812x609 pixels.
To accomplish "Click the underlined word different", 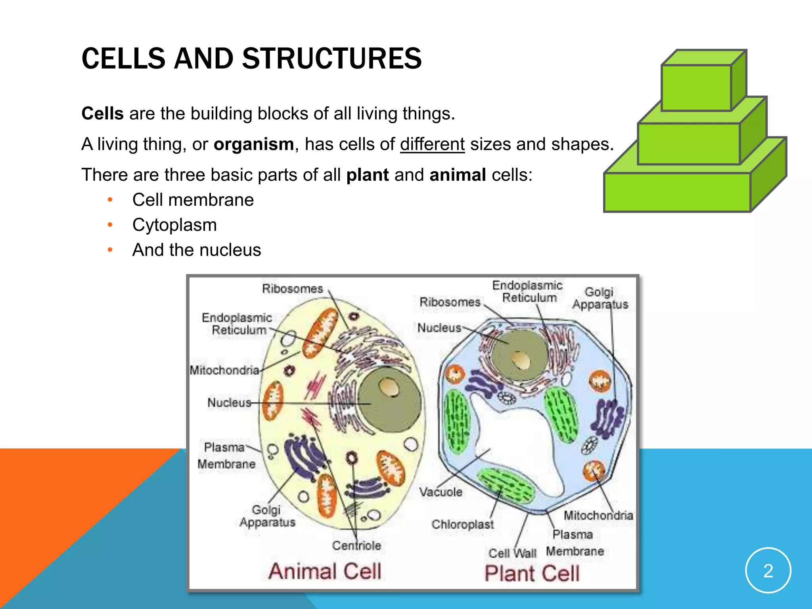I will click(x=432, y=144).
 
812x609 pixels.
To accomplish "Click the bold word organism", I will click(x=254, y=144).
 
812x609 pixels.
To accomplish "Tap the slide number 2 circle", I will click(x=768, y=571).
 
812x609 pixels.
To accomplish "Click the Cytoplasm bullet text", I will click(x=174, y=225).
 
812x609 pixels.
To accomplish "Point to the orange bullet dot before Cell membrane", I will click(x=110, y=200).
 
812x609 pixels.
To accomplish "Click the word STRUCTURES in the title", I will click(x=332, y=59).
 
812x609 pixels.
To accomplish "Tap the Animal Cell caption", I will click(x=325, y=571).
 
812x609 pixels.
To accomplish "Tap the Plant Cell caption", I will click(x=532, y=573).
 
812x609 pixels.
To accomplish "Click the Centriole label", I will click(x=356, y=546).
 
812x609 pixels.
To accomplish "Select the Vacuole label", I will click(x=441, y=492).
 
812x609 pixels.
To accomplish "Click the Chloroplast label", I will click(x=463, y=524).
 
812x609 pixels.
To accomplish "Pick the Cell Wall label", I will click(x=512, y=553).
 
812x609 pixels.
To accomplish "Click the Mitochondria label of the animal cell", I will click(x=224, y=370).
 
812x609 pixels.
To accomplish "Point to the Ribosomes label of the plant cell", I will click(x=450, y=302).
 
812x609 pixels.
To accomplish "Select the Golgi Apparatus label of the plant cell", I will click(x=600, y=298).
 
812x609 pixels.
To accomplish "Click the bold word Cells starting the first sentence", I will click(x=102, y=114).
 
